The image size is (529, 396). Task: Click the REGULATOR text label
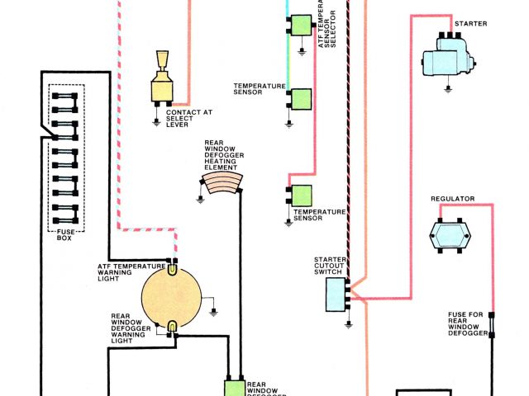(452, 200)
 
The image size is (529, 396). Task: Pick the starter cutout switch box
(335, 294)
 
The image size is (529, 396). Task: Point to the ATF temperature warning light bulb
(171, 267)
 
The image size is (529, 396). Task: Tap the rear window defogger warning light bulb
(171, 328)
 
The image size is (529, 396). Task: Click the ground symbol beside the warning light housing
(214, 311)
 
